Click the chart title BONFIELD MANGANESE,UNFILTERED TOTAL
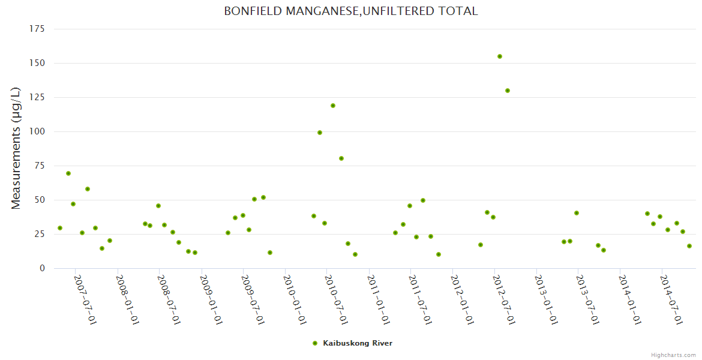pos(351,11)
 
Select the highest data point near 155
pos(500,56)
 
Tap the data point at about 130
pos(508,91)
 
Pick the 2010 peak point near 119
pos(333,106)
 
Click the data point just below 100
pos(320,133)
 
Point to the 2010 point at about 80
pos(341,158)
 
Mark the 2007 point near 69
pos(68,173)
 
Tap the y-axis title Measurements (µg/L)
pos(16,148)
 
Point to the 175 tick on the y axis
pos(37,29)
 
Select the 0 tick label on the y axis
pos(42,268)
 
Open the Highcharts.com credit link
pos(673,355)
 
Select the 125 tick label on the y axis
pos(37,97)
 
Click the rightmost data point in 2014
pos(689,246)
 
